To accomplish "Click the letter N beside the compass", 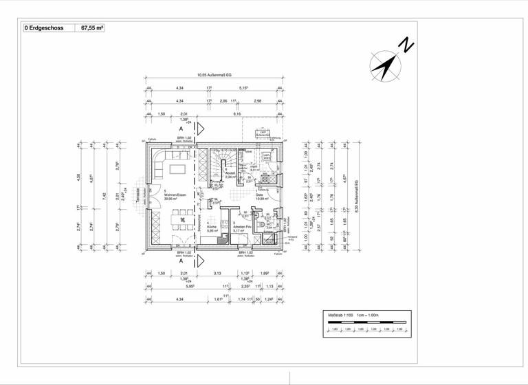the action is click(407, 46).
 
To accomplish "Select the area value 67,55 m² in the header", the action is click(93, 29).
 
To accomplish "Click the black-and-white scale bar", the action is click(366, 322).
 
